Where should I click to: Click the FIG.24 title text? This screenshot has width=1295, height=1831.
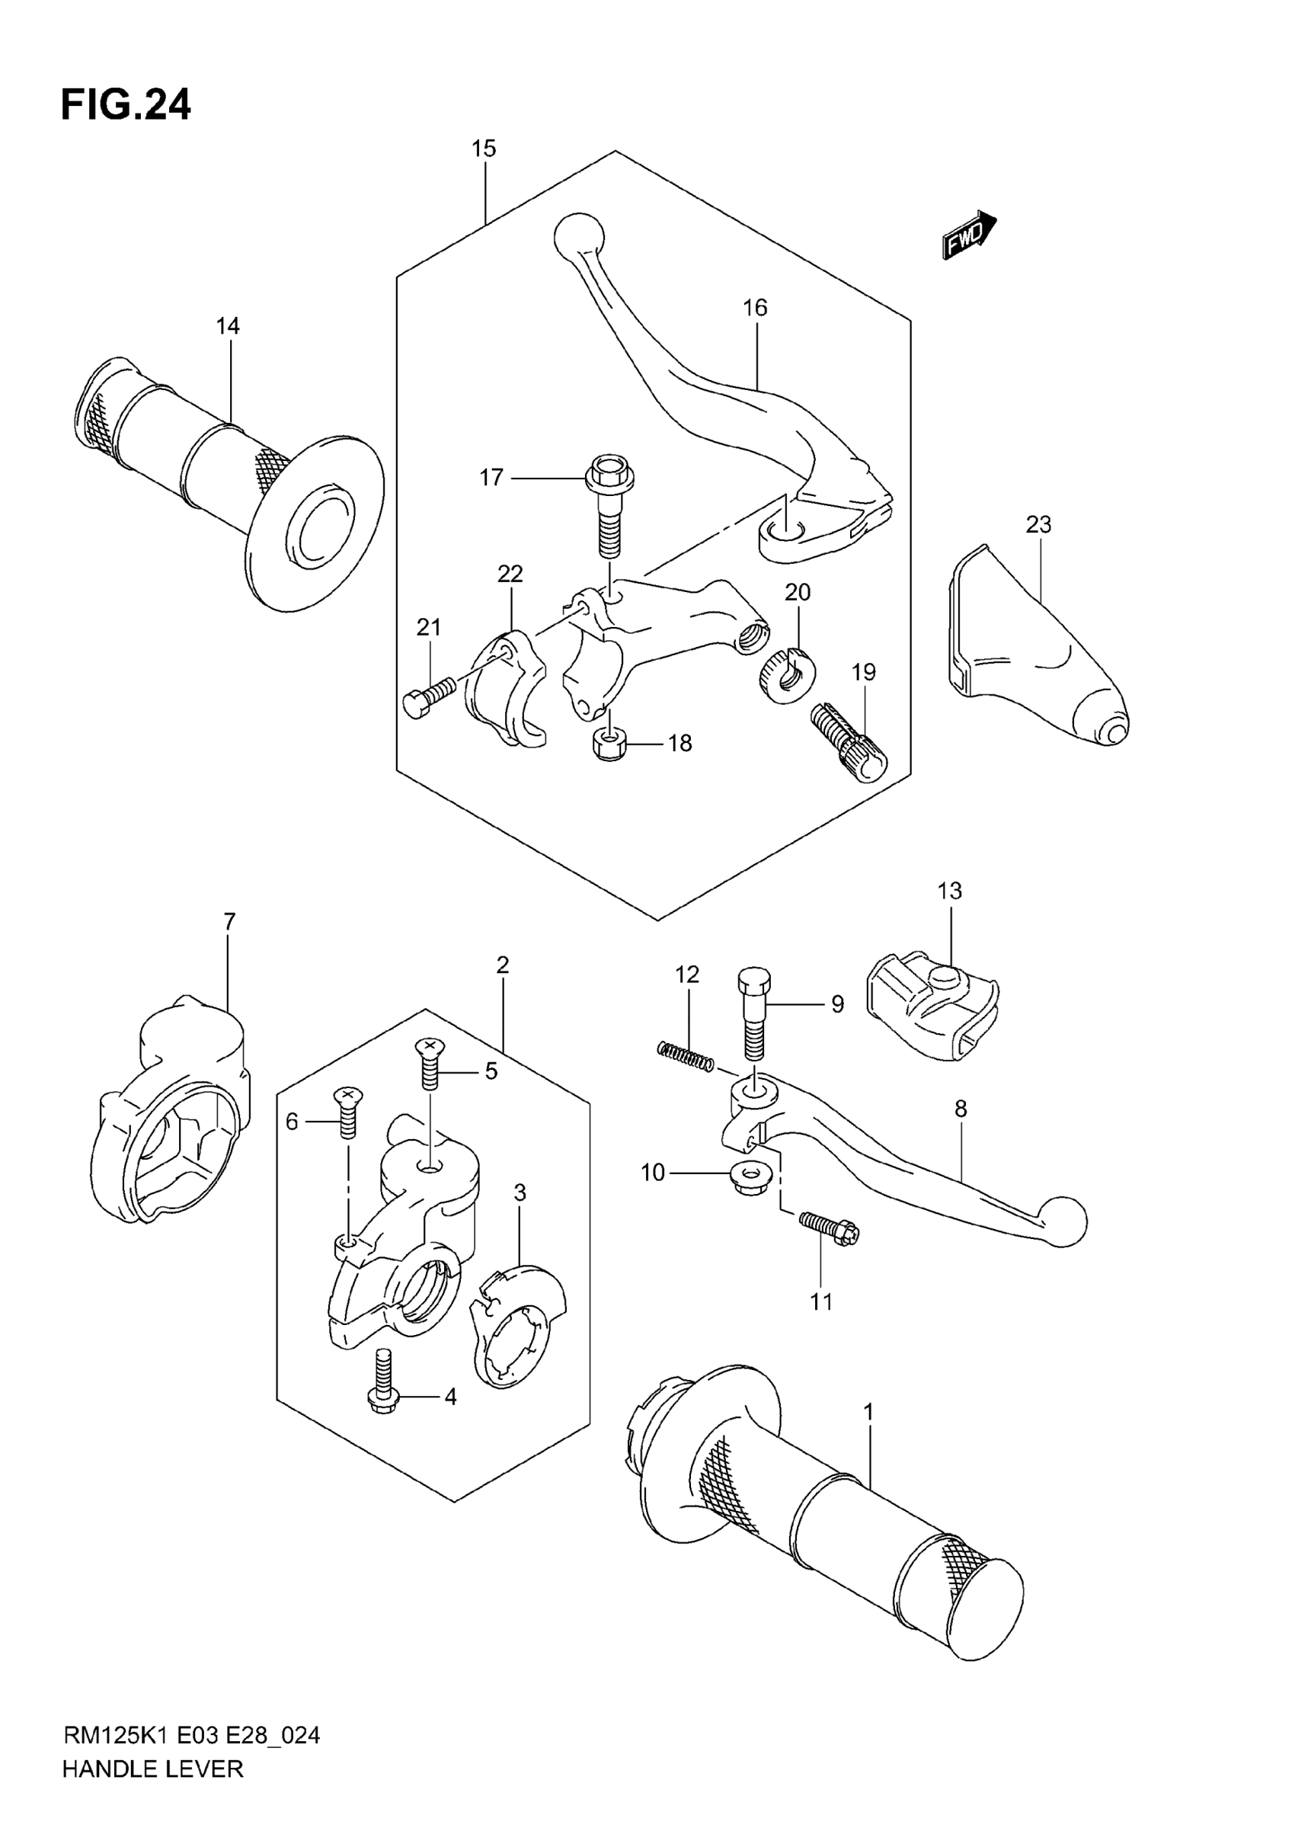(x=126, y=105)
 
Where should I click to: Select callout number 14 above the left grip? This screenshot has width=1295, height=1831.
(x=227, y=326)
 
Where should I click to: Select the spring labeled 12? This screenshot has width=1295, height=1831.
(x=685, y=1058)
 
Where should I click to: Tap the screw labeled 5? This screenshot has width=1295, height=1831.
(x=430, y=1062)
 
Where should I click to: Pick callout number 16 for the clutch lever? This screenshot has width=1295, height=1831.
(x=754, y=308)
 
